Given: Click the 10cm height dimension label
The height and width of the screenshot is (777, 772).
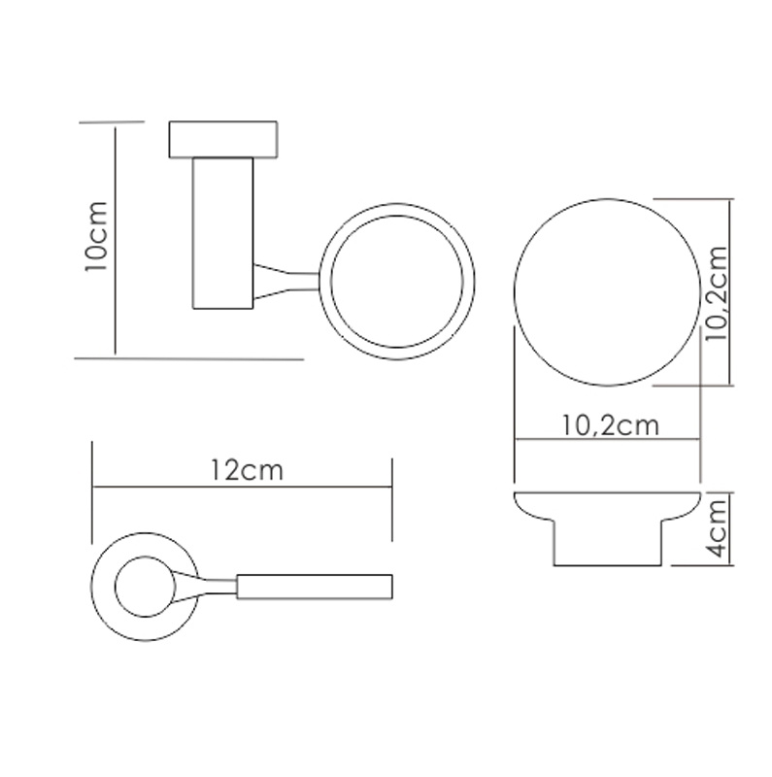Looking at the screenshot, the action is point(96,236).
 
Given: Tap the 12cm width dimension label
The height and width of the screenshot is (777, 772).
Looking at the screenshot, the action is point(247,470).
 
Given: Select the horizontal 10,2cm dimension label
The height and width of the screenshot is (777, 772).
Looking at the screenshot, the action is point(610,425).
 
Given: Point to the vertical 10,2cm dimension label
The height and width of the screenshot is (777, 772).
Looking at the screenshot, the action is point(716,292).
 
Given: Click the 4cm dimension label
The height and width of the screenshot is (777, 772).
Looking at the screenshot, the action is point(717,528).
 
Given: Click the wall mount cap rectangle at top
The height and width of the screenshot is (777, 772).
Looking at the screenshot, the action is point(223,140).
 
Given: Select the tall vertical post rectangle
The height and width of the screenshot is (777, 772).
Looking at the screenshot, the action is point(223,233).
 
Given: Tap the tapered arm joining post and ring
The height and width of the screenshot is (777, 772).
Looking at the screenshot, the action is point(286,281).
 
